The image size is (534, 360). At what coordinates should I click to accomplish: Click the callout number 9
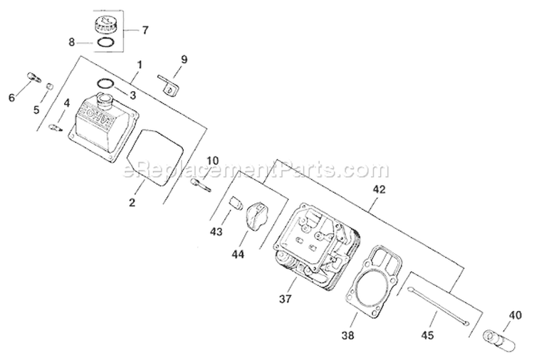coord(184,60)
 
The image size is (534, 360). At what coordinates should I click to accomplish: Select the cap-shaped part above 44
coord(257,213)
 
